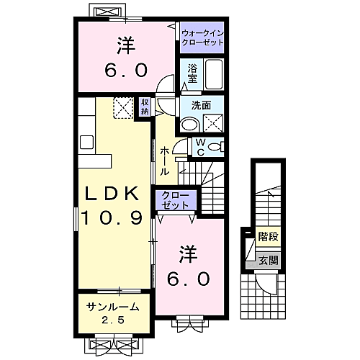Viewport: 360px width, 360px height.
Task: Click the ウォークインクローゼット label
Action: click(x=202, y=38)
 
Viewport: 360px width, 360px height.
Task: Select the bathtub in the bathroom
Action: click(x=214, y=74)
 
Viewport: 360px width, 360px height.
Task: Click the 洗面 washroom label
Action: click(x=201, y=105)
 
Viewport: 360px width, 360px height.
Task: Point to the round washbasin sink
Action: click(x=189, y=125)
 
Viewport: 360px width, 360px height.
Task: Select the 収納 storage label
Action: click(x=145, y=107)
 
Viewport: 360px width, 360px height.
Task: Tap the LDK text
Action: click(x=114, y=194)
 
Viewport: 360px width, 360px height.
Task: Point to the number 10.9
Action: click(x=114, y=217)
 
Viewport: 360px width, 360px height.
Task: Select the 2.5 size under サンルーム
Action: click(x=112, y=319)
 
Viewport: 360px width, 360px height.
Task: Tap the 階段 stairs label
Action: click(x=268, y=235)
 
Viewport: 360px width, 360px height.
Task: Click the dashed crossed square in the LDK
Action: click(x=124, y=107)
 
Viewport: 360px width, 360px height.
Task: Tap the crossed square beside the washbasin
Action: click(x=212, y=124)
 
